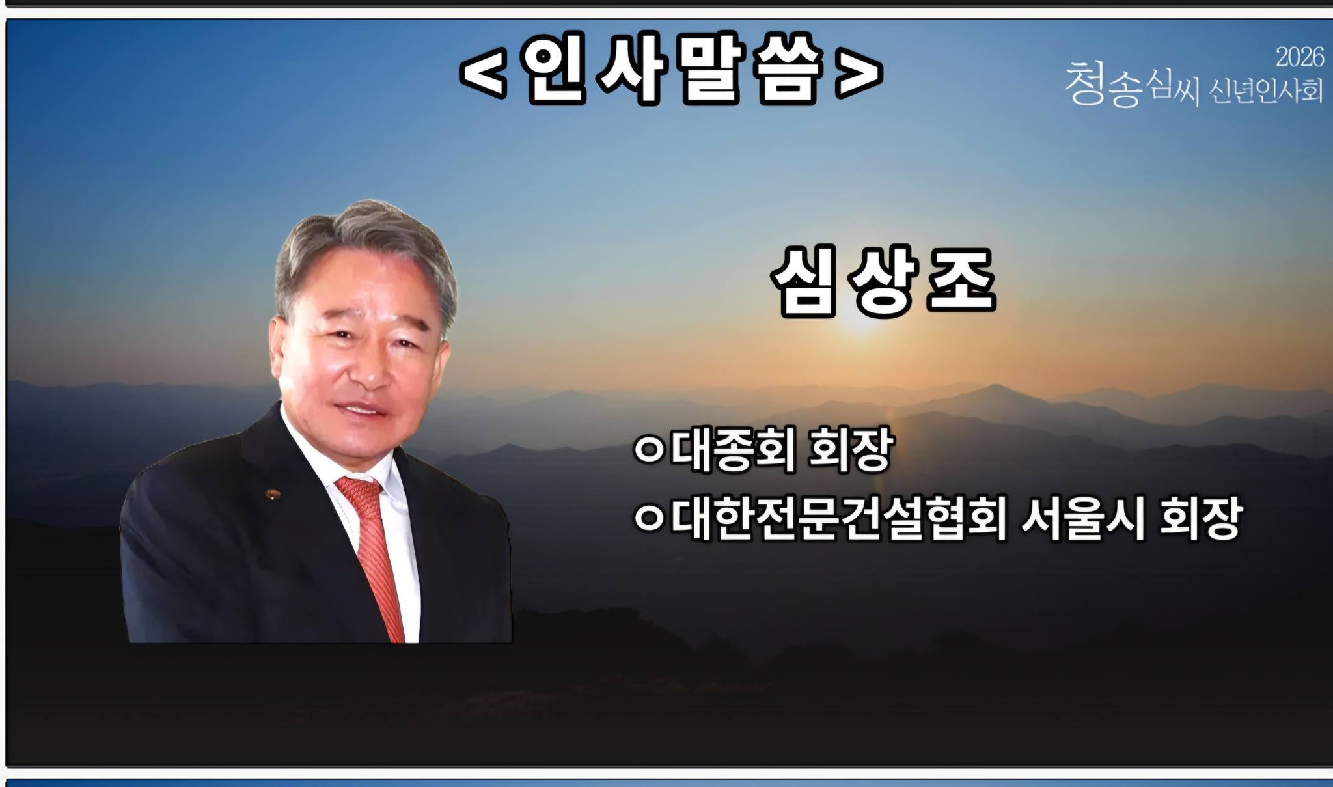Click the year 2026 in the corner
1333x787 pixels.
pyautogui.click(x=1299, y=57)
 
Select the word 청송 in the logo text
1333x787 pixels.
pyautogui.click(x=1104, y=85)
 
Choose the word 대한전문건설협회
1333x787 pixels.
pyautogui.click(x=840, y=518)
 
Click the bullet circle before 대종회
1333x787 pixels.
pyautogui.click(x=649, y=451)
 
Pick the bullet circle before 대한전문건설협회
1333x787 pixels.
pyautogui.click(x=649, y=519)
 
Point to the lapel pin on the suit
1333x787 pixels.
pyautogui.click(x=271, y=494)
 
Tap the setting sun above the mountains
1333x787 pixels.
pyautogui.click(x=860, y=325)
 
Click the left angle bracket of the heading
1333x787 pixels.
pyautogui.click(x=483, y=74)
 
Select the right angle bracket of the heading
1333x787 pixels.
pyautogui.click(x=859, y=74)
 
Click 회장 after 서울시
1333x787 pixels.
pyautogui.click(x=1202, y=519)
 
